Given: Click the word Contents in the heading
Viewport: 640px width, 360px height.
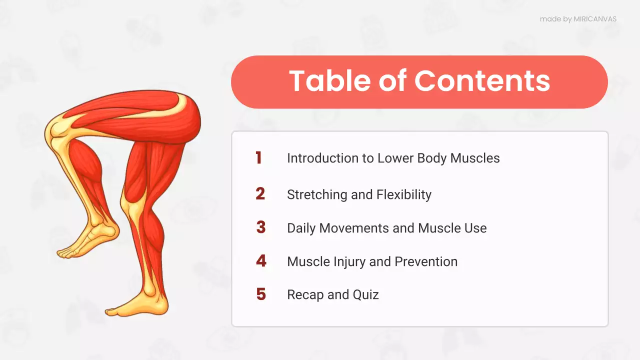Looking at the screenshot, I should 482,81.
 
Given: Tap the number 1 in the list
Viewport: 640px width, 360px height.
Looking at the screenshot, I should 258,158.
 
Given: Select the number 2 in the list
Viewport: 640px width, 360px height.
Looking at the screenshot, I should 260,194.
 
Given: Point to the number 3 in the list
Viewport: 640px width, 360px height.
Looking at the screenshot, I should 260,227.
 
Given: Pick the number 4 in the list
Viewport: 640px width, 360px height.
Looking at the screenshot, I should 261,261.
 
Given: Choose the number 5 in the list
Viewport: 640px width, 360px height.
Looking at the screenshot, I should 261,294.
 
